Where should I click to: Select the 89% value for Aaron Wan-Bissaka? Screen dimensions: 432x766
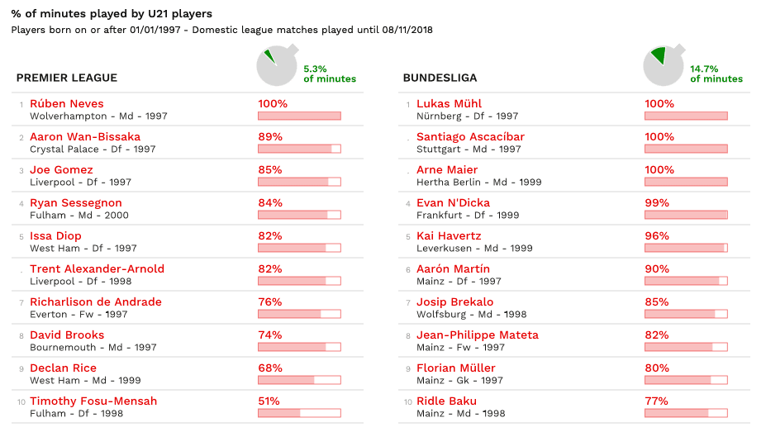[x=270, y=137]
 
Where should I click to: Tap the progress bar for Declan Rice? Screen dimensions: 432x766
[x=299, y=380]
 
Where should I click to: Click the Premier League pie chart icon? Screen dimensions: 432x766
[x=277, y=66]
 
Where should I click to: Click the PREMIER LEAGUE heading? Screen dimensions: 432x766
[x=67, y=78]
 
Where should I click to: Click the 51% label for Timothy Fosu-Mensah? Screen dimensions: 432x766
[x=269, y=401]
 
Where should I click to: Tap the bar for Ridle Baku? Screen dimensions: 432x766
[x=686, y=413]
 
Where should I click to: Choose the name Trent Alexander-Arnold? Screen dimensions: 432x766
[x=97, y=269]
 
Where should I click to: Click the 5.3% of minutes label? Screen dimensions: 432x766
[x=330, y=74]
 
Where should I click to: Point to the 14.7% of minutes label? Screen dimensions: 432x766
[x=716, y=74]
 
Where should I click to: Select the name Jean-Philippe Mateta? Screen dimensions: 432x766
[x=477, y=335]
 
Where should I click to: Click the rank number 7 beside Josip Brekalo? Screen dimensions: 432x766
[x=407, y=303]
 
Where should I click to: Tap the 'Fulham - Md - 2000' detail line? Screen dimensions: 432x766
[x=79, y=216]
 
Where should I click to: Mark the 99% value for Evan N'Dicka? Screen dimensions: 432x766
[x=659, y=203]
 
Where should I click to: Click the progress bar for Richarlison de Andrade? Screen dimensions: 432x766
[x=299, y=314]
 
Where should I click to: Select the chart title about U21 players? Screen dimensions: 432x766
[x=112, y=14]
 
